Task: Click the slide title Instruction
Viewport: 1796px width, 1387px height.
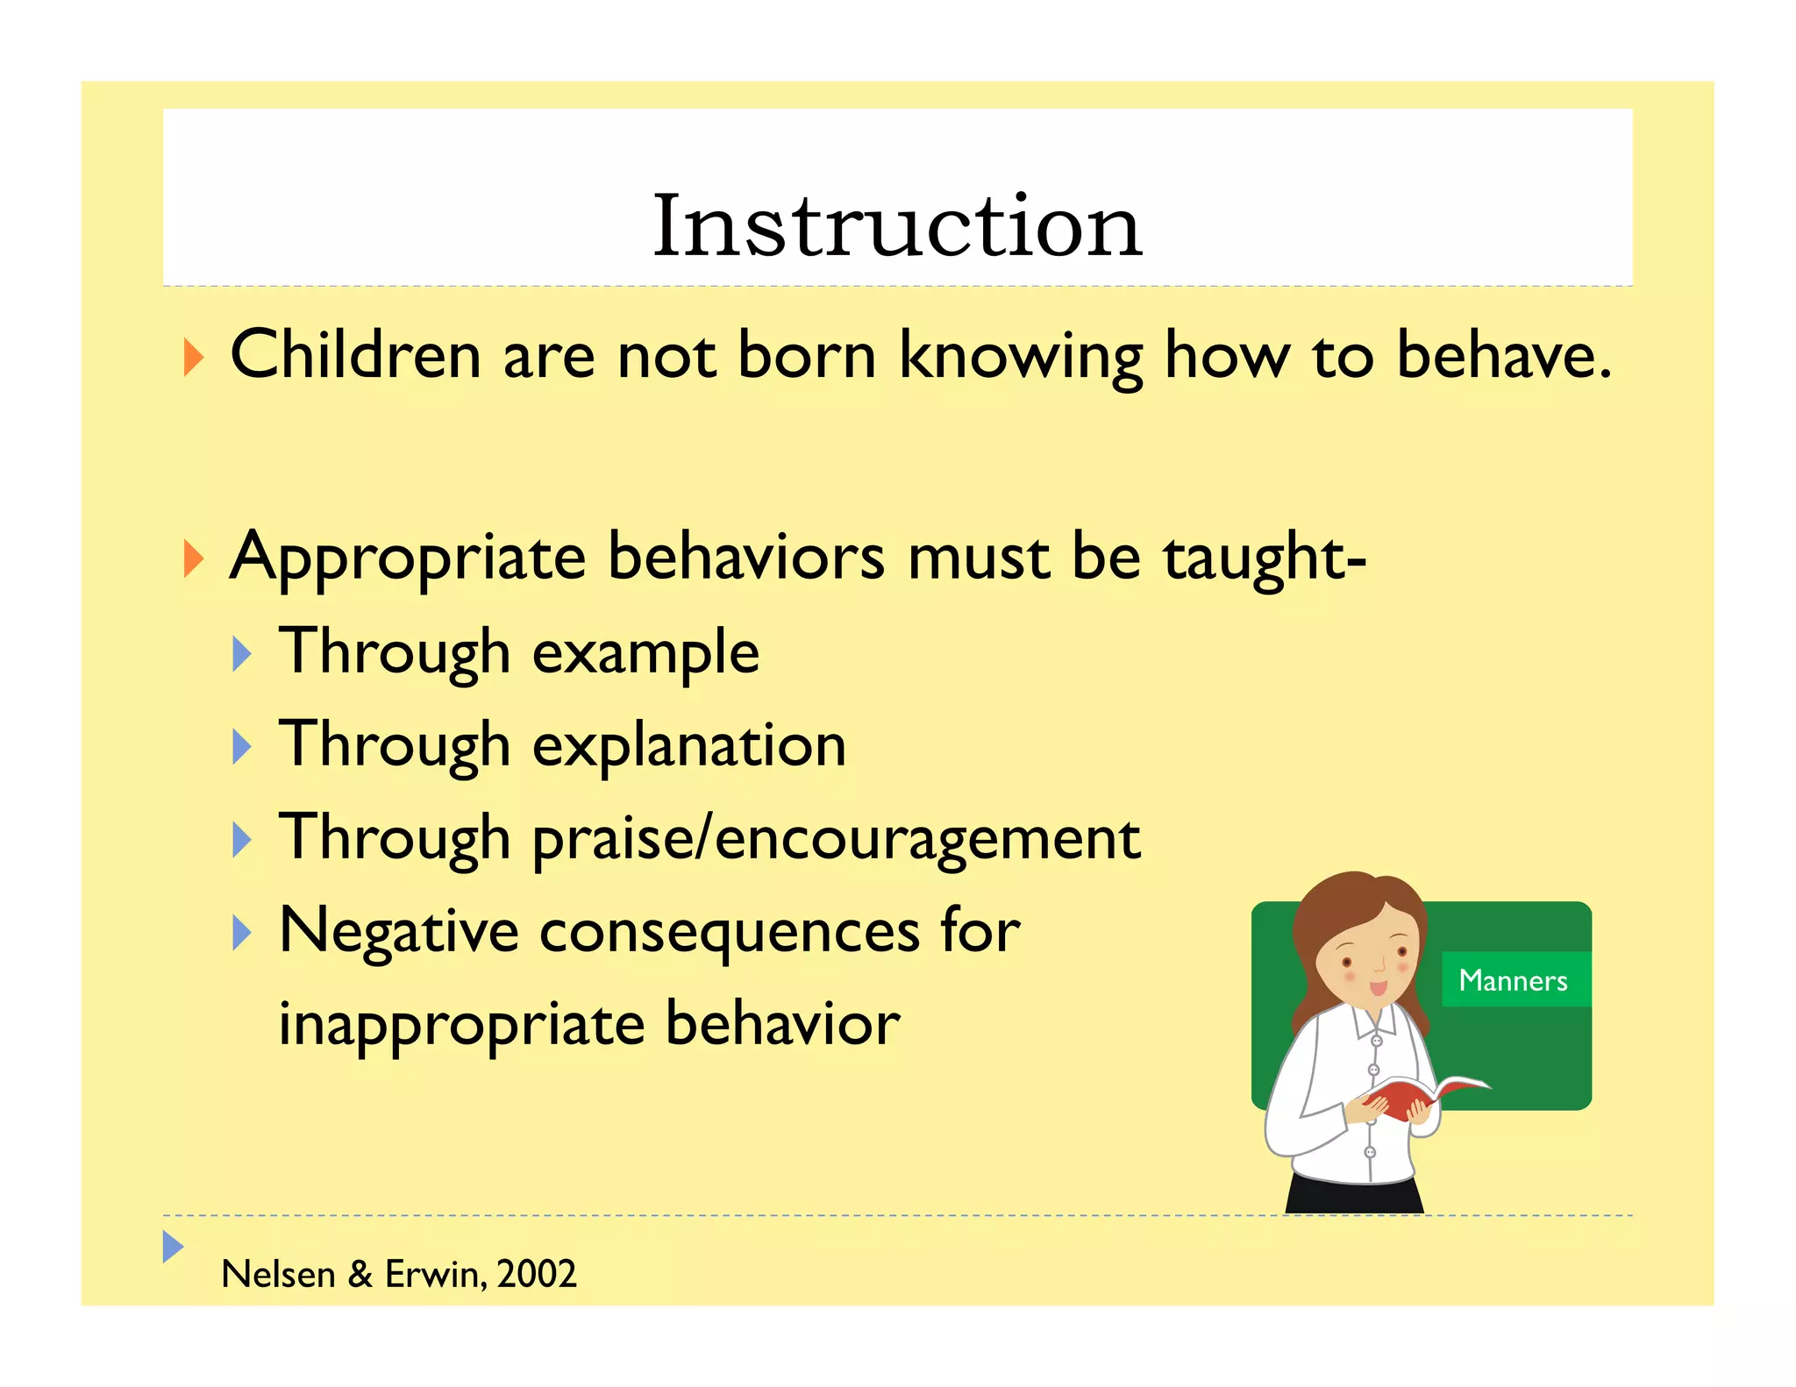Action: click(897, 226)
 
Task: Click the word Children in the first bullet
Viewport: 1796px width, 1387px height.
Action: click(355, 355)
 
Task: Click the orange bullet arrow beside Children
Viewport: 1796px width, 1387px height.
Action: click(194, 358)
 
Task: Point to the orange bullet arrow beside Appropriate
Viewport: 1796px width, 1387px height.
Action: click(194, 558)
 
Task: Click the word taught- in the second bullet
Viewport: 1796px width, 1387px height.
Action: click(1264, 558)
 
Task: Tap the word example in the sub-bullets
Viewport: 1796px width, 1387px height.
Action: click(645, 654)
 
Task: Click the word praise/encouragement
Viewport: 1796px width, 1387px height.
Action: click(836, 839)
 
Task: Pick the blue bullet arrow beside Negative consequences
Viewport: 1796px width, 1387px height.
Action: click(242, 933)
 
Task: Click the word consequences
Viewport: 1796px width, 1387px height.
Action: click(729, 931)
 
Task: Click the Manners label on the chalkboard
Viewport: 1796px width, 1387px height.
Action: click(1513, 979)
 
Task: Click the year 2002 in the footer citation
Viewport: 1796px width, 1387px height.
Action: click(536, 1274)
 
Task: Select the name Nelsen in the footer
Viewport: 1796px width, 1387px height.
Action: click(278, 1274)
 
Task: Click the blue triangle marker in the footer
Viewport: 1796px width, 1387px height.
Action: click(173, 1246)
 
